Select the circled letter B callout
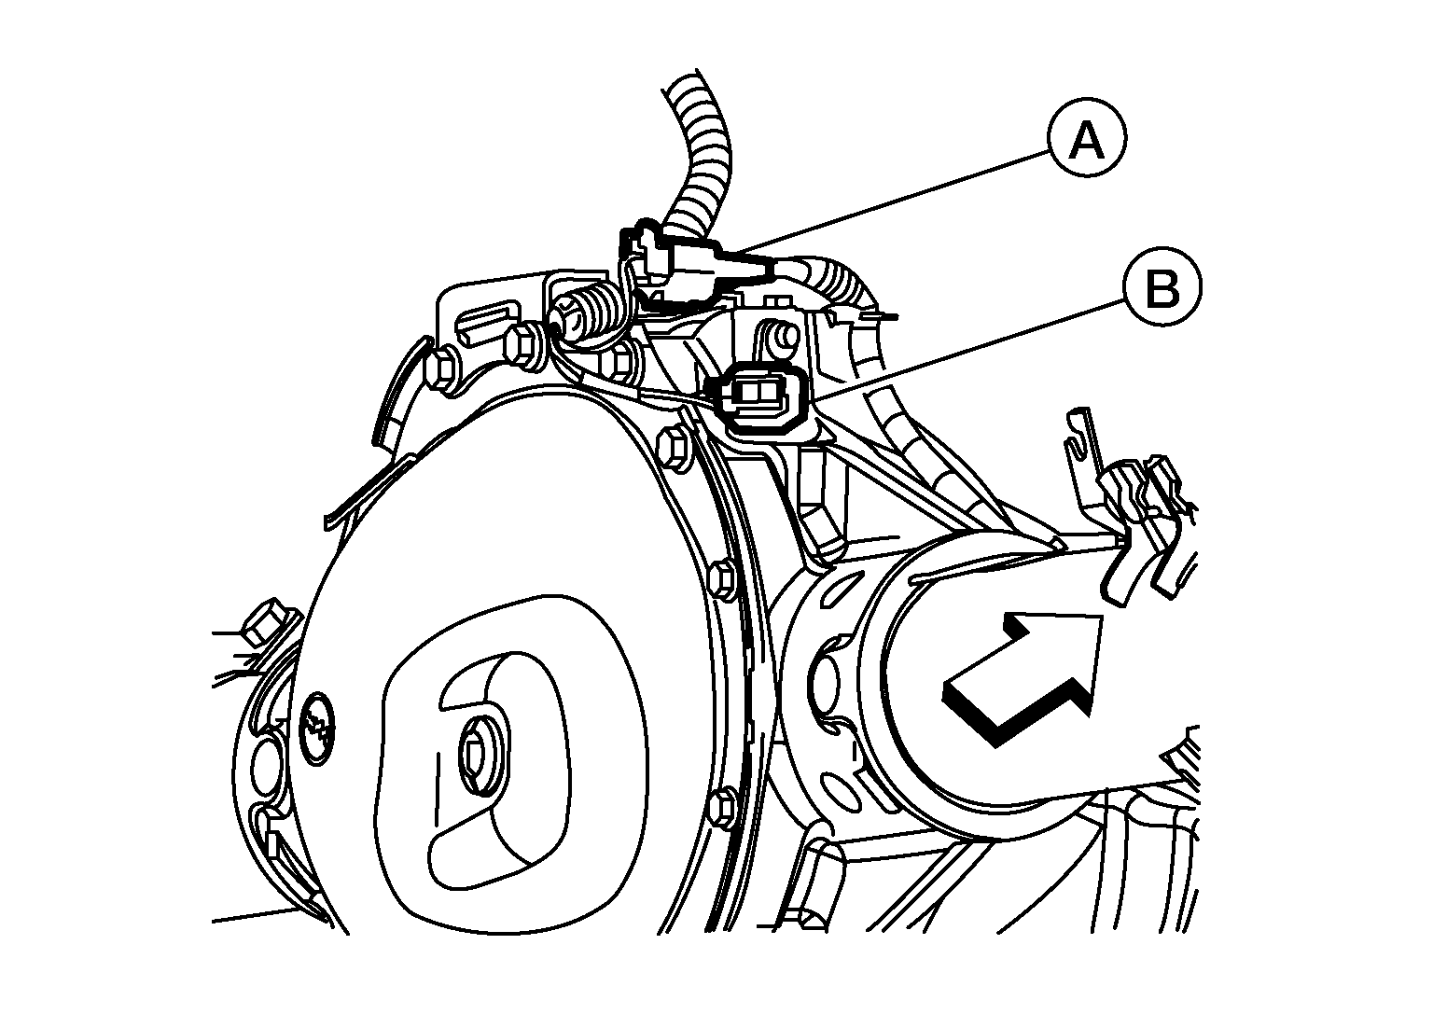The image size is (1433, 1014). point(1163,288)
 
